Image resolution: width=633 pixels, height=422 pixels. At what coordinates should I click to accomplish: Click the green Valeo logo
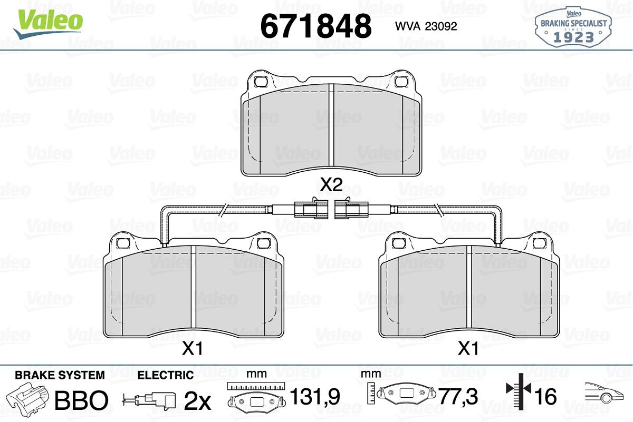click(48, 24)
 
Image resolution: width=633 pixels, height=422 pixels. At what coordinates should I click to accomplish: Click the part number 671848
click(315, 26)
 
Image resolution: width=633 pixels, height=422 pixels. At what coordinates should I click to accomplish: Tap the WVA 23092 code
click(426, 26)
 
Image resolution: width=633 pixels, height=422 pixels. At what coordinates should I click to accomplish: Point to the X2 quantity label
click(331, 184)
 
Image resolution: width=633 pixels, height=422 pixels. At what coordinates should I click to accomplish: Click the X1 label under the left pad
click(193, 348)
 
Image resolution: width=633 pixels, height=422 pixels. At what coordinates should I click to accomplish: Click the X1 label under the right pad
click(468, 348)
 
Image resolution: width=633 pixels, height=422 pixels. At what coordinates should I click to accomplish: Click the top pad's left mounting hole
click(261, 82)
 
